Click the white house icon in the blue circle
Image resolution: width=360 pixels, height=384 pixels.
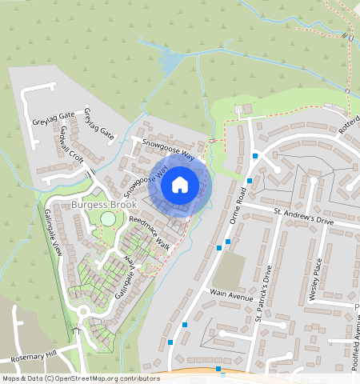180,185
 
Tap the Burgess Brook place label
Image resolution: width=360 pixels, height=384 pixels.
99,204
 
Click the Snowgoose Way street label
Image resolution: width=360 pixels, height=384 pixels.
168,148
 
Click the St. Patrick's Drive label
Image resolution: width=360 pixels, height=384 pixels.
263,293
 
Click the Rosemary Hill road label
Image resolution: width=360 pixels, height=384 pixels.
29,354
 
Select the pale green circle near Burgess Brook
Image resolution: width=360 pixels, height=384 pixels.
108,218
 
